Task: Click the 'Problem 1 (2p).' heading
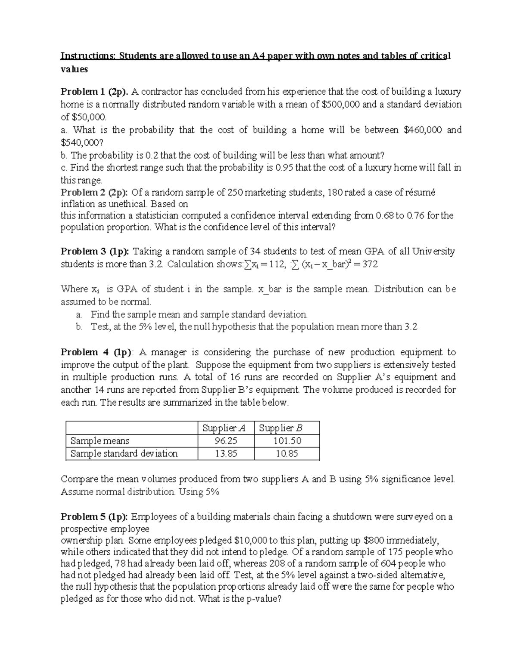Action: [x=94, y=92]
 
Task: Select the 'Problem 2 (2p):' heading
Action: [x=95, y=192]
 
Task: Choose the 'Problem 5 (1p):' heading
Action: [x=95, y=517]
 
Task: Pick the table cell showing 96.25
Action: [x=226, y=441]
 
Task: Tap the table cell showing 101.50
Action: [x=287, y=441]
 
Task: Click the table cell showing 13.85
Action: [x=226, y=453]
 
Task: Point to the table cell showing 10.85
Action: [x=287, y=453]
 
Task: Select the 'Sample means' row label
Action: [x=100, y=441]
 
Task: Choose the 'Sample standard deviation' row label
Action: [x=124, y=453]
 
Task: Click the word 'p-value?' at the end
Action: [x=263, y=599]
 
